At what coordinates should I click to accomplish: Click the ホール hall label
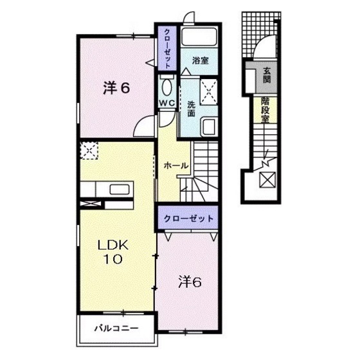(x=175, y=166)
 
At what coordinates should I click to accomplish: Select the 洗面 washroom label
(x=191, y=108)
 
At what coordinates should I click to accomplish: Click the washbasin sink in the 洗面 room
(x=209, y=124)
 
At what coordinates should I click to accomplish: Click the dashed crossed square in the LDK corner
(x=89, y=152)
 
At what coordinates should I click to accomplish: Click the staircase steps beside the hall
(x=204, y=167)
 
